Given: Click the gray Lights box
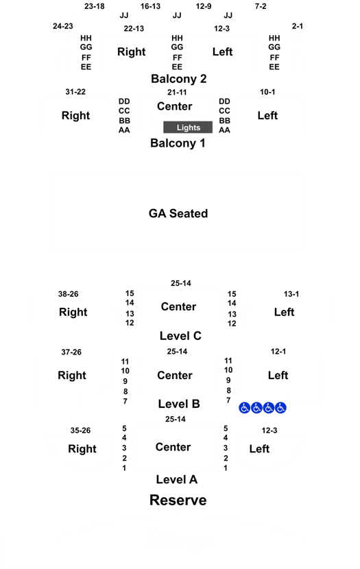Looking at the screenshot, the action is click(188, 128).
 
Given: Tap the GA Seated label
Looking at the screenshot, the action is click(178, 213).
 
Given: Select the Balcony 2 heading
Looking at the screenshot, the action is click(178, 79).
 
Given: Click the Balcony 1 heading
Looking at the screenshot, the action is click(178, 143).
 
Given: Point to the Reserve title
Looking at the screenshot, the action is click(178, 500).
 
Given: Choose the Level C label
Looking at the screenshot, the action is click(180, 336).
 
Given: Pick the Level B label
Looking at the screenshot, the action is click(179, 404).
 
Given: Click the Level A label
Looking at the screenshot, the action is click(177, 479).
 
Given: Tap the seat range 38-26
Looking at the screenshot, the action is click(68, 294).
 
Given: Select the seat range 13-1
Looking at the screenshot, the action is click(291, 294).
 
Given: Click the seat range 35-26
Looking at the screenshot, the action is click(80, 431).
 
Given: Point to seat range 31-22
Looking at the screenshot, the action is click(75, 92).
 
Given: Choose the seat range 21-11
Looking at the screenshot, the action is click(177, 92).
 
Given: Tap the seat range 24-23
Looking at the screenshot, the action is click(63, 26).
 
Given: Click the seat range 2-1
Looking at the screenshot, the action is click(297, 26).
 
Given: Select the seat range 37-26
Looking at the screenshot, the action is click(71, 352).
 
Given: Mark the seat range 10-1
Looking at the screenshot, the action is click(267, 92).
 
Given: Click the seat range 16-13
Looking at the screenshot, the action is click(150, 6).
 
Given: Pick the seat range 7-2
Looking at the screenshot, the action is click(261, 6).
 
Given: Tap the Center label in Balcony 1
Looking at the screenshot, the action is click(175, 106).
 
